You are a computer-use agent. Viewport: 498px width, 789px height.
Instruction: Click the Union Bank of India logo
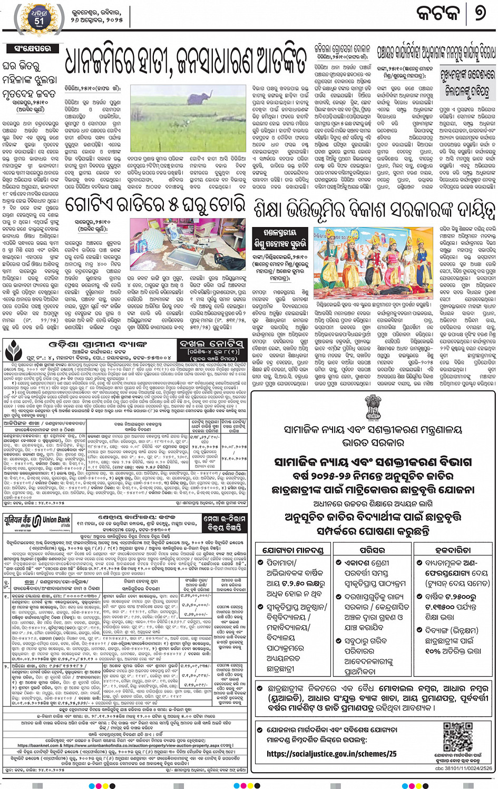(37, 522)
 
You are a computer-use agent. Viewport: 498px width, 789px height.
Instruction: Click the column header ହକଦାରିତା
(454, 550)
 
